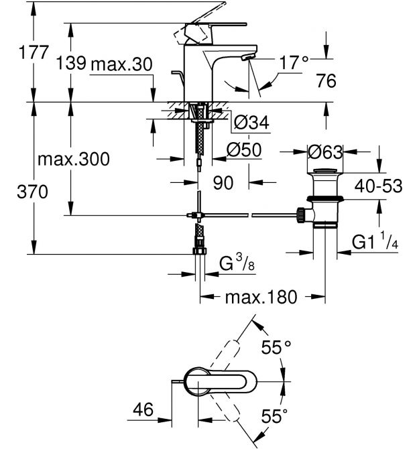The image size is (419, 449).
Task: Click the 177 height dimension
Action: tap(34, 52)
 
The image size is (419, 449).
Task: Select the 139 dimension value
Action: tap(71, 63)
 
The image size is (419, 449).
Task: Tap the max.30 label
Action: tap(121, 64)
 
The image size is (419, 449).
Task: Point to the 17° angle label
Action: tap(294, 63)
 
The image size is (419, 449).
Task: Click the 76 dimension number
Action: tap(326, 80)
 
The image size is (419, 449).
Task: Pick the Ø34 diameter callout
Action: tap(251, 122)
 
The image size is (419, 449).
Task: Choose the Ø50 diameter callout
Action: tap(244, 149)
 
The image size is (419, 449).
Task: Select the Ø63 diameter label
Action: tap(325, 151)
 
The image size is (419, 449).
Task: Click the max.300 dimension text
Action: tap(74, 159)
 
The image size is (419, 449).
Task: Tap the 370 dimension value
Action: tap(32, 192)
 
